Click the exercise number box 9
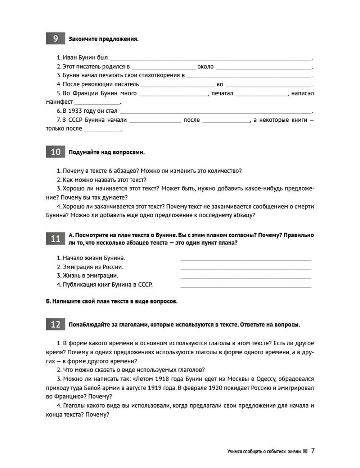[55, 39]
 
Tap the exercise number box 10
[55, 152]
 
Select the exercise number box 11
[55, 239]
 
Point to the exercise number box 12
[55, 324]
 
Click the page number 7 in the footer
[313, 451]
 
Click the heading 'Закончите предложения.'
[103, 39]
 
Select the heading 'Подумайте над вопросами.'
[107, 152]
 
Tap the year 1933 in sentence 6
[75, 111]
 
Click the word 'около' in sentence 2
[206, 67]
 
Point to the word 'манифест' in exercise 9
[59, 102]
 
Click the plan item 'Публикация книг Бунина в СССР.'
[104, 284]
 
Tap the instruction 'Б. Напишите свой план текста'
[112, 301]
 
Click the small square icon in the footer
[305, 451]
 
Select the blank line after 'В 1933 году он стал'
[216, 112]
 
